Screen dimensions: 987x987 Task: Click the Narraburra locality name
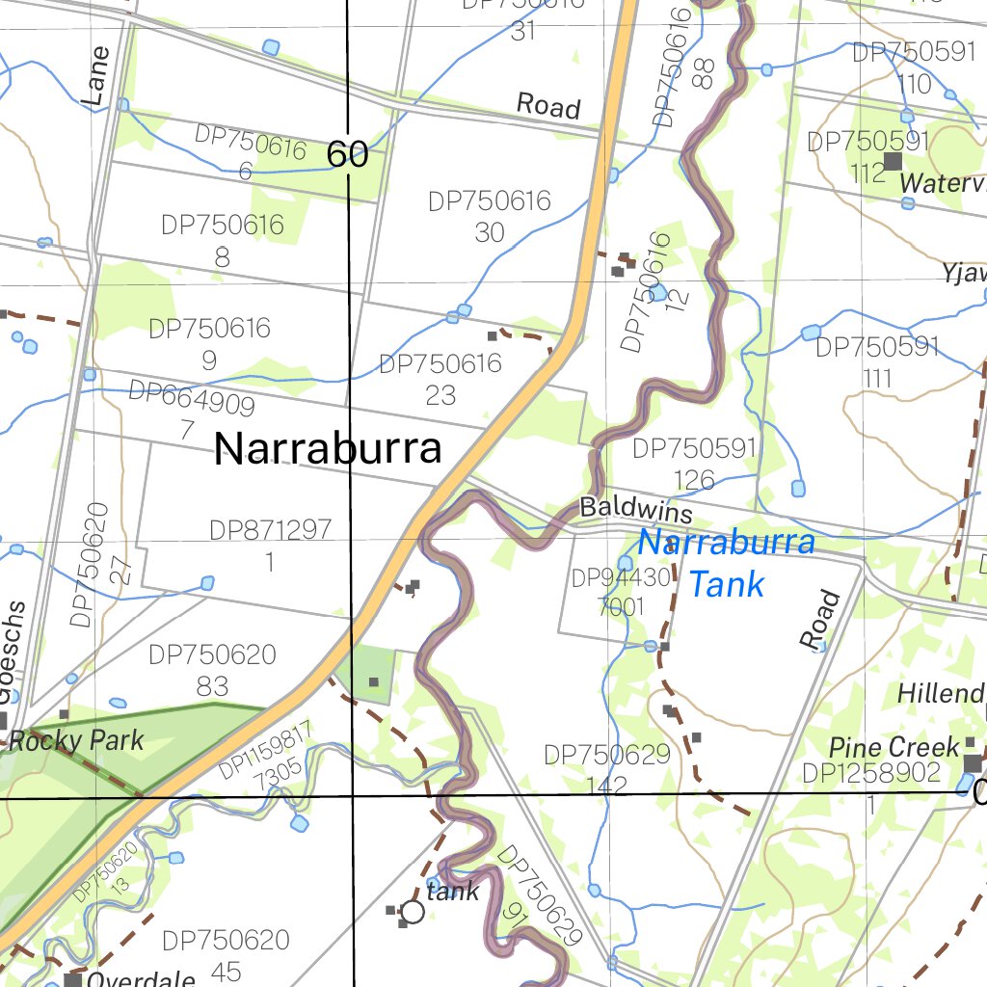(x=328, y=449)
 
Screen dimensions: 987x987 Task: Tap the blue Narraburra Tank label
(x=727, y=563)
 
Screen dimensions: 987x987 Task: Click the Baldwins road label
(x=636, y=511)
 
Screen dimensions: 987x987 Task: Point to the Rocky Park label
(x=76, y=741)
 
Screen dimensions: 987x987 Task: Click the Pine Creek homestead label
(x=894, y=747)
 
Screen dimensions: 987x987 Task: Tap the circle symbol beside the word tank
(x=413, y=912)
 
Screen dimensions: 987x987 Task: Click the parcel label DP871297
(x=270, y=530)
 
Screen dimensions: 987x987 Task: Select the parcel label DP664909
(x=191, y=398)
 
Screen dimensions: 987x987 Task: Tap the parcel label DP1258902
(x=870, y=773)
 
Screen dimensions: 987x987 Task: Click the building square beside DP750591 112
(x=893, y=161)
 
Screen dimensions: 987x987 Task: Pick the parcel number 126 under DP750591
(x=695, y=479)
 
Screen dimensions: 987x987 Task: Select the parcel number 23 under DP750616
(x=440, y=395)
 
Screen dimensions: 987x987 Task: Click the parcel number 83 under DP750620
(x=212, y=685)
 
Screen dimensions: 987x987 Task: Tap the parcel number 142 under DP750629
(x=606, y=785)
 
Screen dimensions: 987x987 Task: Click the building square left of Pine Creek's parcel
(x=972, y=763)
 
